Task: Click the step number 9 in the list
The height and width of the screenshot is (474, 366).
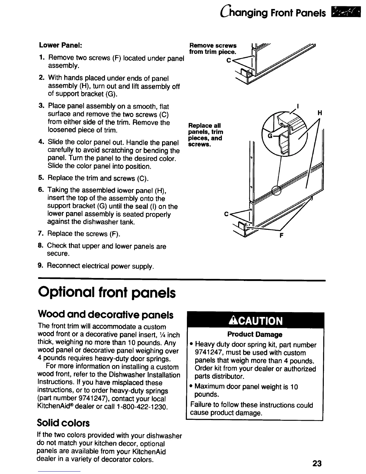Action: pyautogui.click(x=41, y=265)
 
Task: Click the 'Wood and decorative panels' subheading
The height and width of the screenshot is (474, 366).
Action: pyautogui.click(x=105, y=315)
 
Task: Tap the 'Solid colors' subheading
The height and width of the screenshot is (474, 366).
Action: pyautogui.click(x=63, y=423)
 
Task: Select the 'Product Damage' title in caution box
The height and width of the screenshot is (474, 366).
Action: pyautogui.click(x=255, y=334)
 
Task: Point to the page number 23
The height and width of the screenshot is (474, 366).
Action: pyautogui.click(x=317, y=464)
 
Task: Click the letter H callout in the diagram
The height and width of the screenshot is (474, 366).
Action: pyautogui.click(x=319, y=113)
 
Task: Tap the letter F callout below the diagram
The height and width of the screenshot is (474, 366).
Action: pyautogui.click(x=281, y=235)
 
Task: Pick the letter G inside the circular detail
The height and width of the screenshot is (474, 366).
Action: pyautogui.click(x=270, y=136)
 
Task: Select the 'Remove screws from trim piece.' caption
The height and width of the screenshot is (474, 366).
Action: pyautogui.click(x=213, y=48)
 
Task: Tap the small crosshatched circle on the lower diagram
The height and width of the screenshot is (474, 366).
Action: pyautogui.click(x=276, y=190)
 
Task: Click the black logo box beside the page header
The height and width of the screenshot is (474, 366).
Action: pyautogui.click(x=344, y=13)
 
